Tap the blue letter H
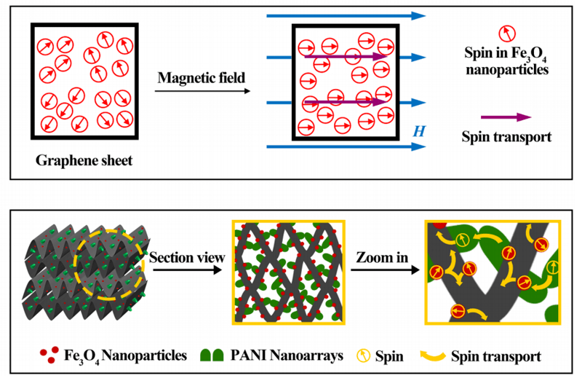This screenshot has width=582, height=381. [418, 131]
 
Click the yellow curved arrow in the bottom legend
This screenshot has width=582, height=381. [433, 356]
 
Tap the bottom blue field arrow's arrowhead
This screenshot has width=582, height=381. [418, 147]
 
